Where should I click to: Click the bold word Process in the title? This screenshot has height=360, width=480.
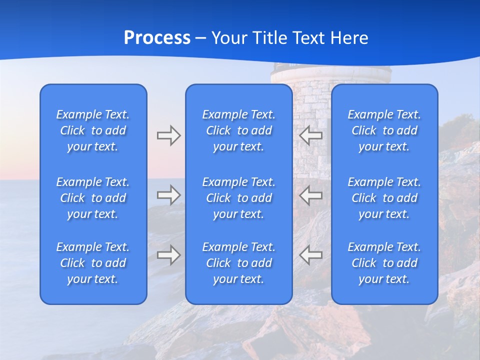(x=157, y=38)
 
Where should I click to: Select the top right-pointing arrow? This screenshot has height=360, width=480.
(x=168, y=135)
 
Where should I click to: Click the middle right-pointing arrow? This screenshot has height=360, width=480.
(x=168, y=194)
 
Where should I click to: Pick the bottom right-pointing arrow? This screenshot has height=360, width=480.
(x=168, y=255)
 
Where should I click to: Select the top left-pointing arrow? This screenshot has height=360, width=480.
(x=311, y=135)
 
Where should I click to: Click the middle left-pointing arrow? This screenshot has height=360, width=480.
(x=311, y=194)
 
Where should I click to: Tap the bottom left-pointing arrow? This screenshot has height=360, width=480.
(x=311, y=255)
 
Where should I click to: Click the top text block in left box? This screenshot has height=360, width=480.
(x=93, y=130)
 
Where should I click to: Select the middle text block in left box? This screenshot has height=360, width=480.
(x=93, y=198)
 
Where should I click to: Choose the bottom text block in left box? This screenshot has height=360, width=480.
(x=93, y=263)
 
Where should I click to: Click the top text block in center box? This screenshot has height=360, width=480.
(x=239, y=130)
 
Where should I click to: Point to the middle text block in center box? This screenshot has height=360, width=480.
(x=239, y=198)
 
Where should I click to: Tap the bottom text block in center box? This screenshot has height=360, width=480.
(x=239, y=263)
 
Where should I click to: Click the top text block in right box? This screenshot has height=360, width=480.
(x=384, y=130)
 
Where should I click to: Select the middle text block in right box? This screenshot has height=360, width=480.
(x=384, y=198)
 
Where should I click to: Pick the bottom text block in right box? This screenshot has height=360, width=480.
(x=384, y=263)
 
